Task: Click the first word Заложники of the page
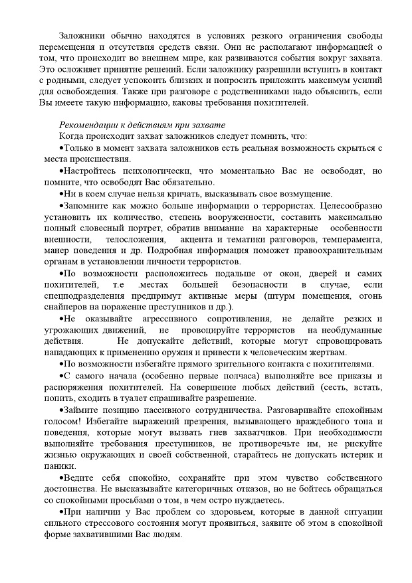[80, 34]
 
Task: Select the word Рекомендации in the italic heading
[88, 125]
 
